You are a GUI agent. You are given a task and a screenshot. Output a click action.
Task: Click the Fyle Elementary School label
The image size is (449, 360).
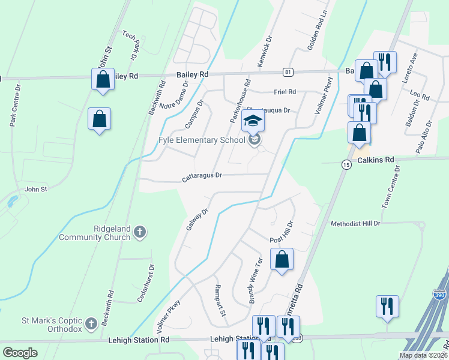click(x=202, y=140)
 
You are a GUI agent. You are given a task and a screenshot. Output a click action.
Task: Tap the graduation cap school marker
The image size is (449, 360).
click(x=253, y=121)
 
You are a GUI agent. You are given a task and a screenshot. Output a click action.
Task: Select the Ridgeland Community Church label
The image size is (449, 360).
click(x=95, y=233)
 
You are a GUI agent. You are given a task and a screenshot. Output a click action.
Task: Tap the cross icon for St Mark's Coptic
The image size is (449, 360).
click(x=91, y=323)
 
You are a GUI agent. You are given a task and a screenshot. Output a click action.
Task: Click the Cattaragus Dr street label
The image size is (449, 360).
click(x=202, y=176)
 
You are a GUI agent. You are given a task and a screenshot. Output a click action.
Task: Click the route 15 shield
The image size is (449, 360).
click(x=346, y=164)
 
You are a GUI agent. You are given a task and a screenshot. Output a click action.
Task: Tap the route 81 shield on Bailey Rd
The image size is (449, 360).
click(x=289, y=72)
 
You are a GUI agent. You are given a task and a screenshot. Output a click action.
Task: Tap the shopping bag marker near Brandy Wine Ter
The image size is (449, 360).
click(x=282, y=260)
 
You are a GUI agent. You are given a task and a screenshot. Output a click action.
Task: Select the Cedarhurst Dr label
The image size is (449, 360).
click(x=146, y=283)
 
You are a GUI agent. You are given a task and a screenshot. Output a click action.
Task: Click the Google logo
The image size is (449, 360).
click(x=20, y=353)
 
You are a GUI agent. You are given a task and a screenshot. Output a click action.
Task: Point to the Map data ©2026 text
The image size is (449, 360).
click(x=423, y=355)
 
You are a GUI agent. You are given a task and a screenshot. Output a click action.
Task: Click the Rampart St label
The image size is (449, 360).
click(x=220, y=301)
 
